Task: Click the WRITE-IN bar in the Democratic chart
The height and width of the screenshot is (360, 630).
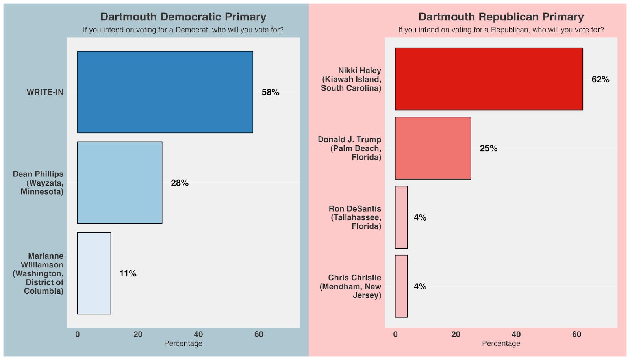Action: click(x=165, y=92)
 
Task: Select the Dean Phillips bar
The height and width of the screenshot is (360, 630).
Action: click(x=120, y=182)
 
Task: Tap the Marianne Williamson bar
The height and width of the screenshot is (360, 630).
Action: click(x=94, y=273)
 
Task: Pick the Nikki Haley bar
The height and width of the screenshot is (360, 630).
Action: click(x=489, y=79)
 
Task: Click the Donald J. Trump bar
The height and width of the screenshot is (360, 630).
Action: click(x=433, y=148)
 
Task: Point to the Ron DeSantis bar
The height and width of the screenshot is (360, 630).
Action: click(x=401, y=217)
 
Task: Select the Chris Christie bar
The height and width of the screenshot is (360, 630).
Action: click(x=401, y=286)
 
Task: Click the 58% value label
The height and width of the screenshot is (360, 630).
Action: click(x=271, y=92)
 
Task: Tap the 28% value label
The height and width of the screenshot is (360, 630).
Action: click(x=180, y=183)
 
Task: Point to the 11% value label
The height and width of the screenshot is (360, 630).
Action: click(x=128, y=273)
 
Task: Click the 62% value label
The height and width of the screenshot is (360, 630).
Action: click(x=600, y=79)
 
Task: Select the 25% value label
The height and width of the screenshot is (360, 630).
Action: click(x=488, y=148)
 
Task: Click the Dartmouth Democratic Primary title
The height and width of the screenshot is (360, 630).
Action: click(x=183, y=17)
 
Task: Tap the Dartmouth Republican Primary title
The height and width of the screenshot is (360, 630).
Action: click(x=501, y=17)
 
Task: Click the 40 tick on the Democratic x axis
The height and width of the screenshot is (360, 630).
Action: click(x=198, y=334)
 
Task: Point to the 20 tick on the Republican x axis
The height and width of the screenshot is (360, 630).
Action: click(x=456, y=334)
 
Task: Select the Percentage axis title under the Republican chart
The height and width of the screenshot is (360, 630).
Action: click(x=501, y=343)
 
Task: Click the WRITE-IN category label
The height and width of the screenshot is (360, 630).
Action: click(x=45, y=92)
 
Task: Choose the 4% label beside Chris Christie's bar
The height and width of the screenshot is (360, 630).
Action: click(x=420, y=286)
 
